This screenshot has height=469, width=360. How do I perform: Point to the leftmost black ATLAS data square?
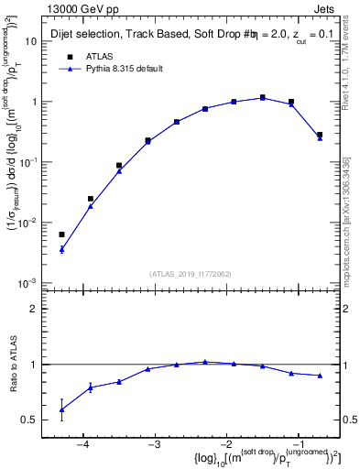pyautogui.click(x=61, y=234)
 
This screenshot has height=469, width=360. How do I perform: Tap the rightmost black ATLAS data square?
pyautogui.click(x=320, y=135)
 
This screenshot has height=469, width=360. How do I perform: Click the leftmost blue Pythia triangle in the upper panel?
pyautogui.click(x=61, y=249)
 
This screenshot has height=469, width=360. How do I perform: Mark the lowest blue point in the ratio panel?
pyautogui.click(x=61, y=409)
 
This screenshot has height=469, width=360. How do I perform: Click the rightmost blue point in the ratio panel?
pyautogui.click(x=320, y=376)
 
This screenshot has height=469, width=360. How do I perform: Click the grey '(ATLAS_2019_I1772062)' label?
pyautogui.click(x=191, y=273)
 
